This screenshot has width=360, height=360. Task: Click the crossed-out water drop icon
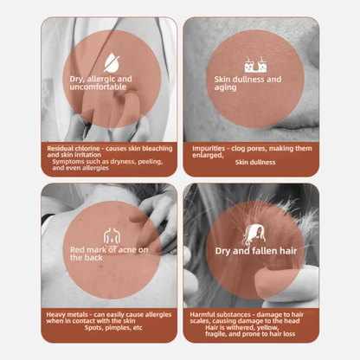[112, 62]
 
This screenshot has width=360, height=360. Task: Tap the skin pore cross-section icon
[255, 64]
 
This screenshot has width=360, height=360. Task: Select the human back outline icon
[112, 236]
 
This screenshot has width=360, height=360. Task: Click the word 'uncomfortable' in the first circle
[98, 87]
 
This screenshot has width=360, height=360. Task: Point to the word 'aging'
[225, 88]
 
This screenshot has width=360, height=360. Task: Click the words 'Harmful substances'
[220, 315]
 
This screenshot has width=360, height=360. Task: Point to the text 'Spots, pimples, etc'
[113, 328]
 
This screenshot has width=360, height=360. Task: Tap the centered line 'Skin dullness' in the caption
[255, 163]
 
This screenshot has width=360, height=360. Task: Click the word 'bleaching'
[157, 149]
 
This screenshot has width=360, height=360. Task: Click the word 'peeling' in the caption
[150, 162]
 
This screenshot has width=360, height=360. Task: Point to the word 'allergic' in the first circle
[101, 80]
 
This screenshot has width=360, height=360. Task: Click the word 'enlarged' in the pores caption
[208, 156]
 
